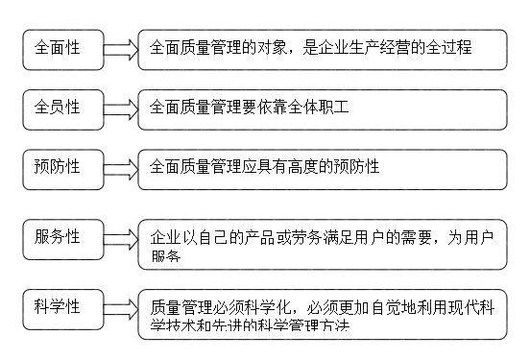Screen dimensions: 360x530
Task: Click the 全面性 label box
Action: pos(62,49)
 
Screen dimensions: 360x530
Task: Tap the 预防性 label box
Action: pos(62,167)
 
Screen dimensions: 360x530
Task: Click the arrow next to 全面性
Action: pos(121,49)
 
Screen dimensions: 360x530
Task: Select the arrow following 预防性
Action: pos(121,168)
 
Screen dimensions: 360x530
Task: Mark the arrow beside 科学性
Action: pos(121,307)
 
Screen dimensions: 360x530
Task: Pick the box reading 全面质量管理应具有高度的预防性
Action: pos(322,168)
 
